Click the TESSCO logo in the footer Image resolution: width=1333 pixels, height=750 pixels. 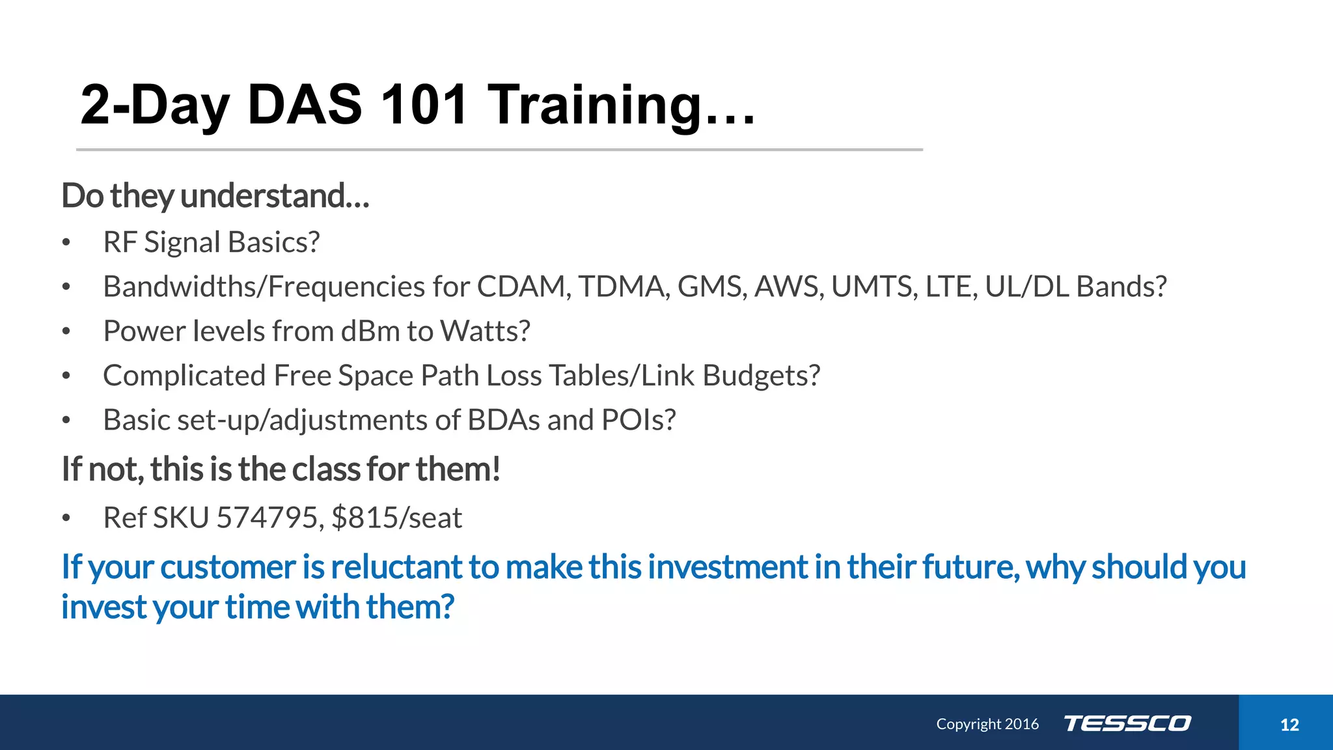[x=1127, y=723]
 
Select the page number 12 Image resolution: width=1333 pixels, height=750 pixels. [x=1289, y=725]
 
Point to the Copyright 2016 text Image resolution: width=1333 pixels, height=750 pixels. [x=987, y=724]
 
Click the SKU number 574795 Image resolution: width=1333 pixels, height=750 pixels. [x=266, y=518]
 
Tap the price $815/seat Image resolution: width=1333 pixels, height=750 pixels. [x=396, y=518]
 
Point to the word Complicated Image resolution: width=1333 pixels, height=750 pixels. [x=184, y=376]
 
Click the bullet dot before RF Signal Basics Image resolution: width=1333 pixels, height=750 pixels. [x=66, y=243]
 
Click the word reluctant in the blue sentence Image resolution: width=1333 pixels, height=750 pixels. [x=396, y=567]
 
